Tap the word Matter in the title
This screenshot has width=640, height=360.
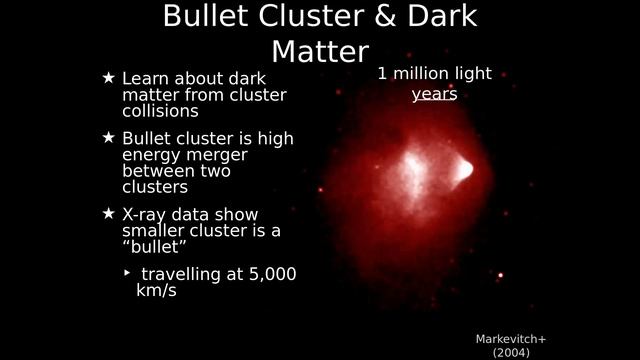point(320,51)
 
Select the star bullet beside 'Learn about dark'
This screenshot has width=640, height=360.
point(109,77)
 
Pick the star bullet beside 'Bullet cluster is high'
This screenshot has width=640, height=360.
point(109,137)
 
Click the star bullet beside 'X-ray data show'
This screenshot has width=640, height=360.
point(109,213)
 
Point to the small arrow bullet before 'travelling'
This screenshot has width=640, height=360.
point(127,272)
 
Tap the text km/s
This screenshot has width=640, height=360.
point(149,291)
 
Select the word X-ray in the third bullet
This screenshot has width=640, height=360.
point(148,214)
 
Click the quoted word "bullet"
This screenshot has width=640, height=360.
point(155,247)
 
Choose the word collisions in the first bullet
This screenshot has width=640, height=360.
point(160,111)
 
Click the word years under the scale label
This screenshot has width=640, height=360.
point(434,94)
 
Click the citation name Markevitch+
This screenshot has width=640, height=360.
point(511,339)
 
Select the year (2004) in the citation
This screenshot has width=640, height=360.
point(511,353)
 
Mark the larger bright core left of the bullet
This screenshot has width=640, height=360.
point(413,172)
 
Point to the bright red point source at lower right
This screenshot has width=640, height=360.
point(500,275)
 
